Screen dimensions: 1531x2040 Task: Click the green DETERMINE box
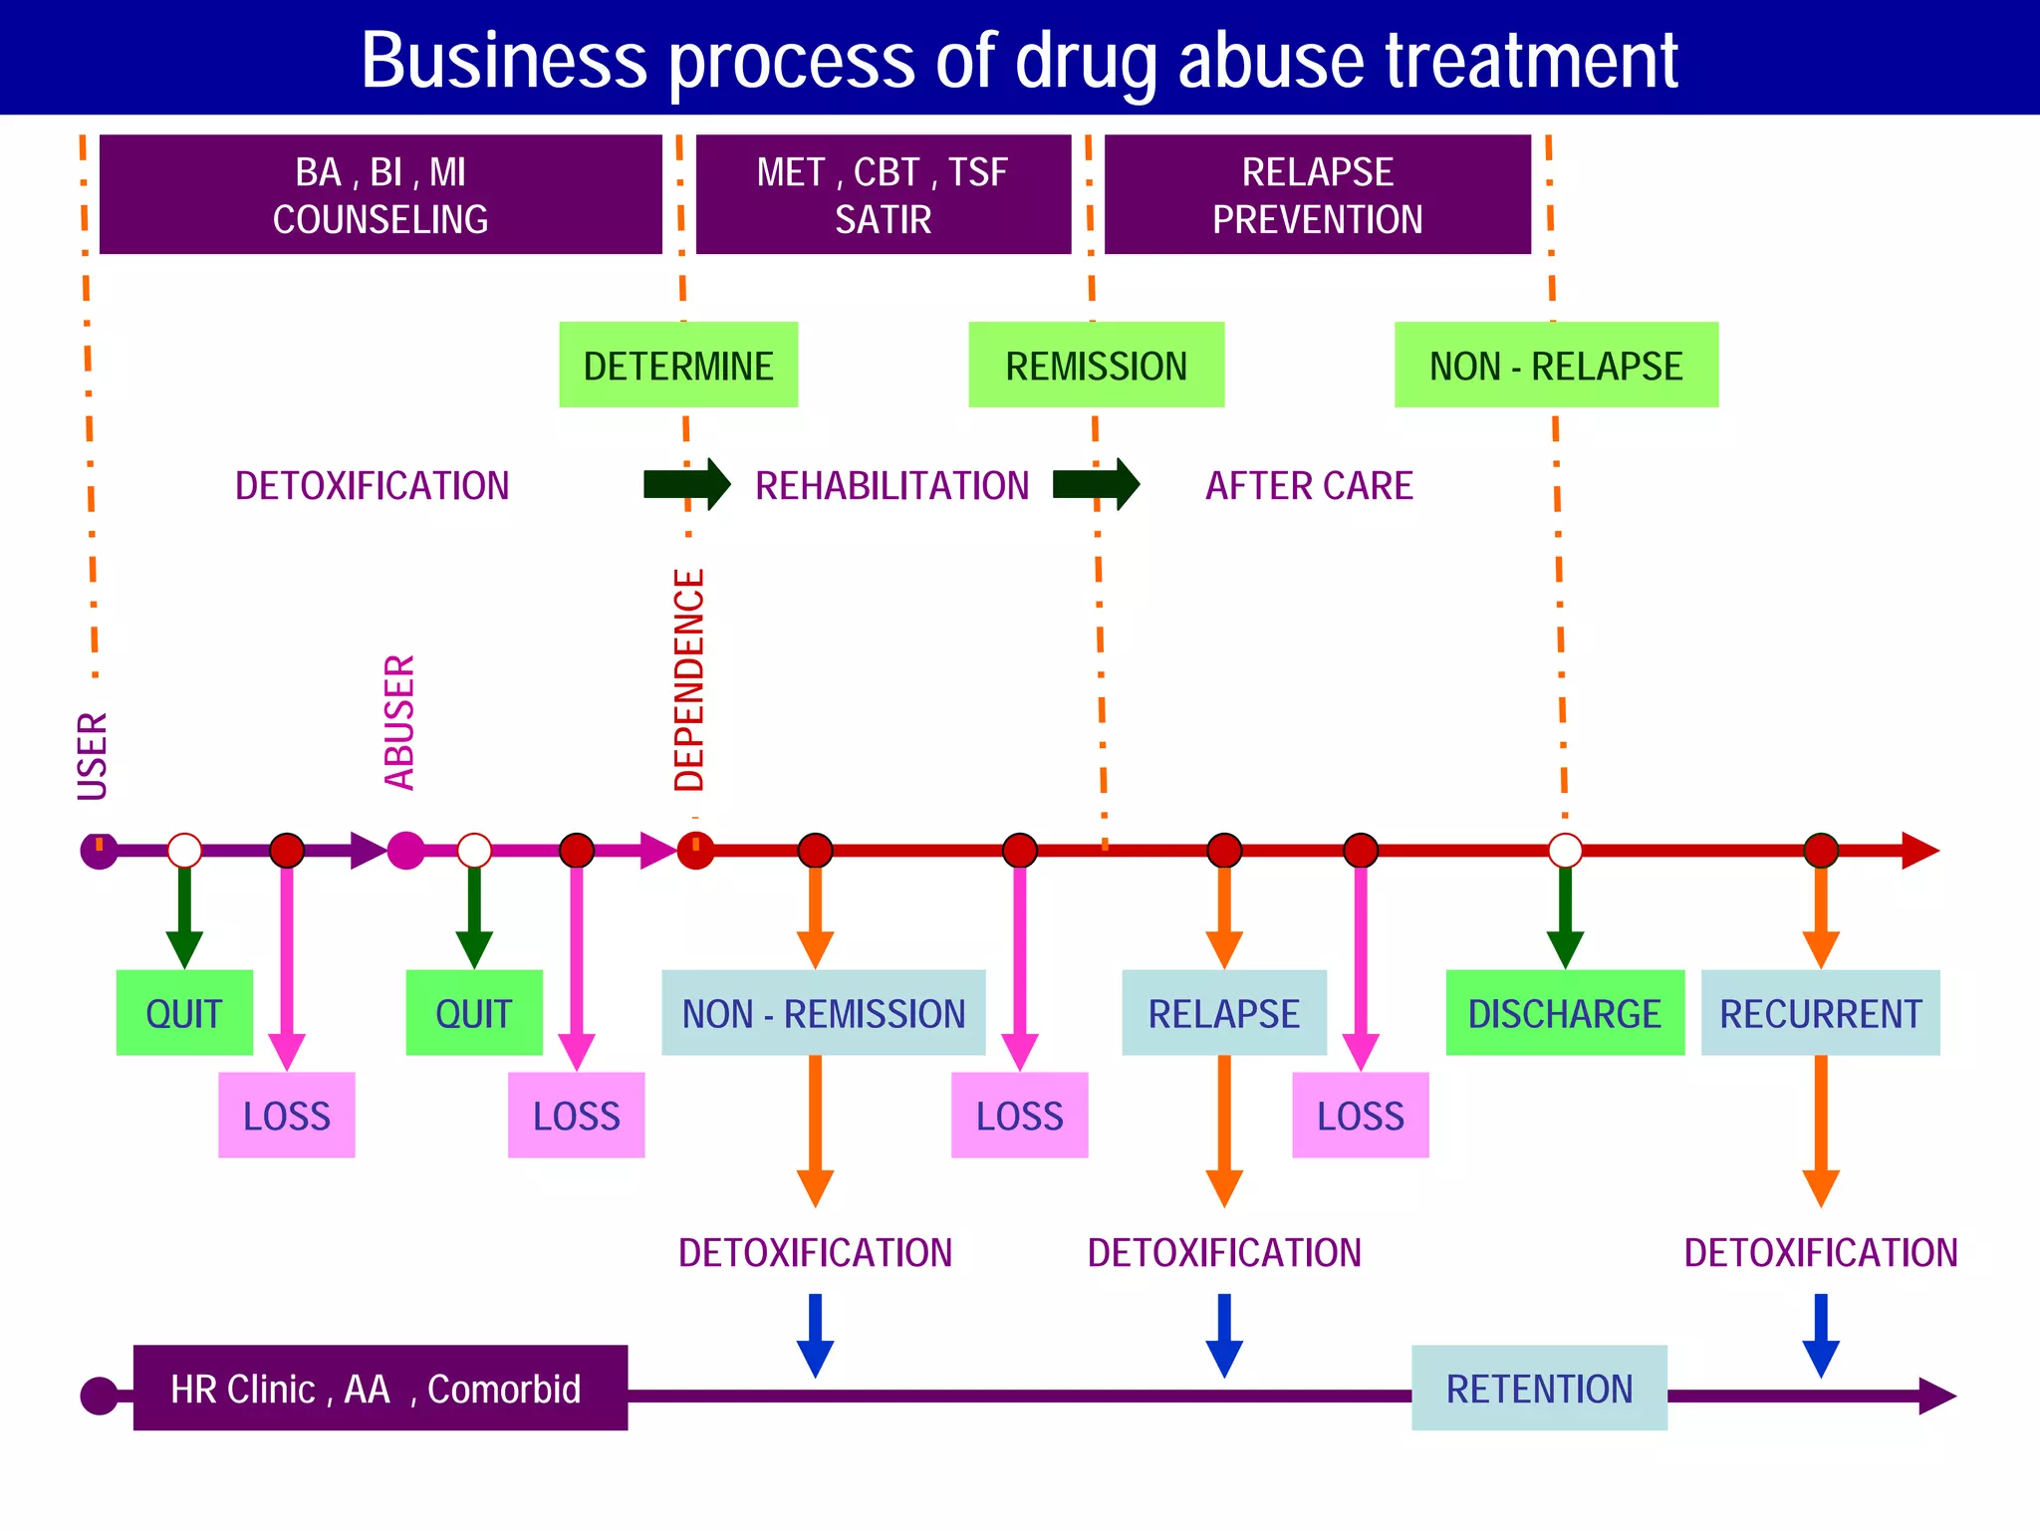678,365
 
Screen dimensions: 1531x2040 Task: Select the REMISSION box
1096,365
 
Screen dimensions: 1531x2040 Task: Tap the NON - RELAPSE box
1556,365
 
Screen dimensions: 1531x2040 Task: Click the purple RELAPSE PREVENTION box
1317,194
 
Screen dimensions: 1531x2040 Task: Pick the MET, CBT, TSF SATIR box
883,194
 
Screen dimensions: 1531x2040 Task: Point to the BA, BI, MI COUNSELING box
381,194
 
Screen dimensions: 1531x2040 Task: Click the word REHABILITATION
892,486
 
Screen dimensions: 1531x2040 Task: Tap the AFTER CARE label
1309,486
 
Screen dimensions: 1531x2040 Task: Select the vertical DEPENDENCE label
689,680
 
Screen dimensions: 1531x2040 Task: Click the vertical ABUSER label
399,722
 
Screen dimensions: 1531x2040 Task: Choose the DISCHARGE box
1564,1013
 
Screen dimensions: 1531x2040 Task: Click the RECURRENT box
1820,1013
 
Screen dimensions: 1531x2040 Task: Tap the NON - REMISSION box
823,1013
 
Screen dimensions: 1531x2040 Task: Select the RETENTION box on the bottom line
1539,1388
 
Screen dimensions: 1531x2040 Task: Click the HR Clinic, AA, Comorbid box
380,1388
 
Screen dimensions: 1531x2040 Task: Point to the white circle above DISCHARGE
1565,851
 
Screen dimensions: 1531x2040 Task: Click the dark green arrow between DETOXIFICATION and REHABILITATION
687,484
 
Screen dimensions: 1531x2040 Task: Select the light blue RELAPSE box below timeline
1223,1013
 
